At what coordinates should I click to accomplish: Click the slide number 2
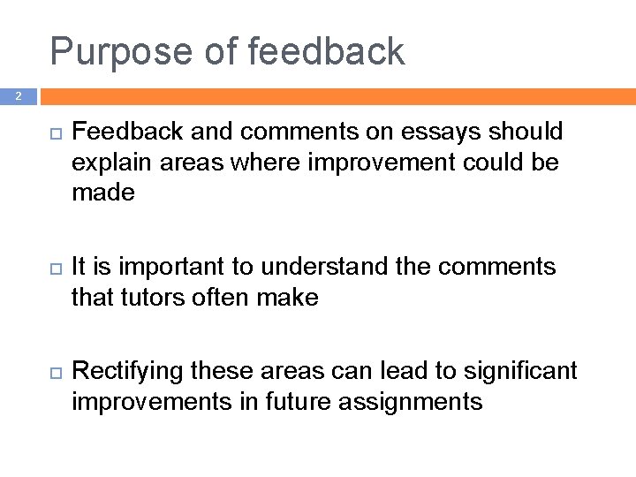(x=19, y=95)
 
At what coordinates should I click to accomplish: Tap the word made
(x=103, y=193)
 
